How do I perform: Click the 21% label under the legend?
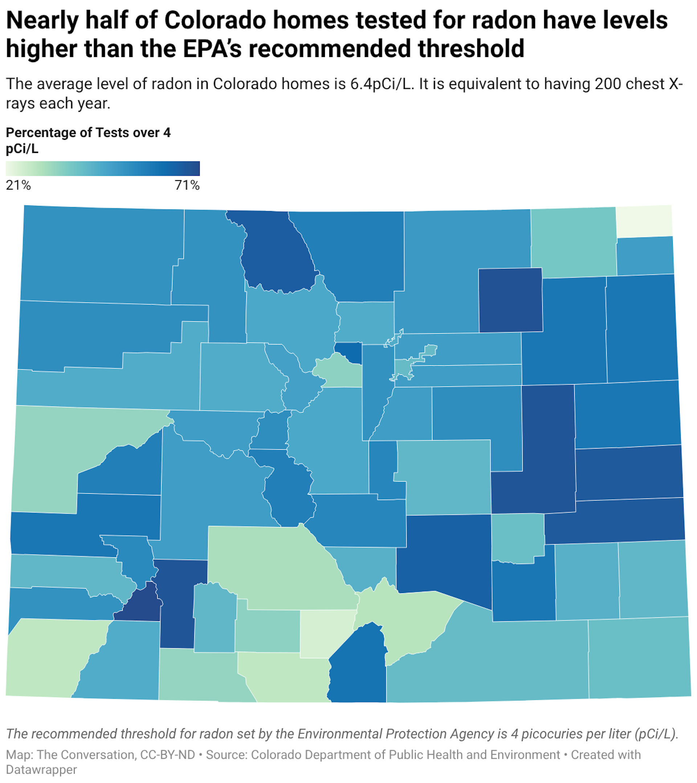[x=18, y=186]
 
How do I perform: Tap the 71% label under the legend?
[x=187, y=186]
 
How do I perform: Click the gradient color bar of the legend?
[x=103, y=169]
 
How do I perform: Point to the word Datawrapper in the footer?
[x=41, y=770]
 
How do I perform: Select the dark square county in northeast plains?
[x=510, y=300]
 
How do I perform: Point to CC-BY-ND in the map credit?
[x=167, y=755]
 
